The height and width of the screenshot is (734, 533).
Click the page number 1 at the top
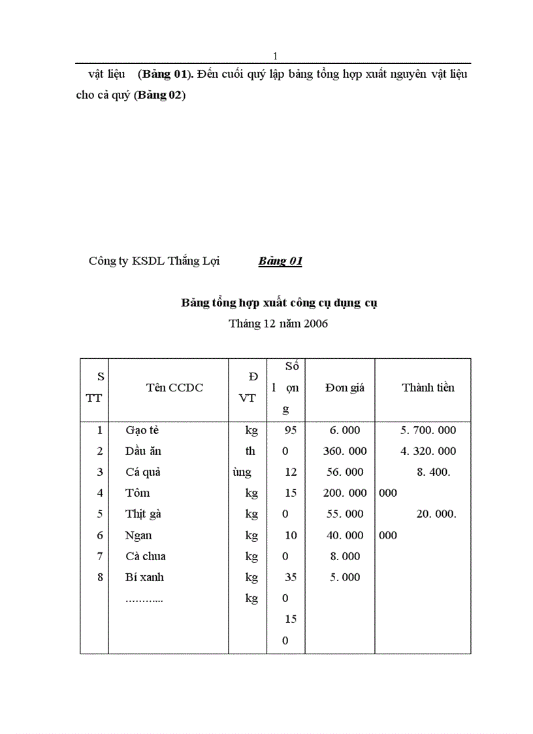tap(275, 56)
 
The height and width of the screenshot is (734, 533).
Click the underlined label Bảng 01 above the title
tap(280, 261)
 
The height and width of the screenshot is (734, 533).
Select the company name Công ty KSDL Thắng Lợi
tap(154, 261)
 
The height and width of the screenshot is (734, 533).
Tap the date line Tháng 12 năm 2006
tap(278, 324)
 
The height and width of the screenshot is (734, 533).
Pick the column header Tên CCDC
tap(174, 388)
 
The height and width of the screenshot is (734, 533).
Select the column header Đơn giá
tap(345, 388)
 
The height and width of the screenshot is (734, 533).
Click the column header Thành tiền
tap(428, 388)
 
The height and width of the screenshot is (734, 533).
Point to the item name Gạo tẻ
tap(142, 431)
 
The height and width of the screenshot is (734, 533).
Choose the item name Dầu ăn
tap(143, 452)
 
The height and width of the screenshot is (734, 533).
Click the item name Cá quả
tap(142, 473)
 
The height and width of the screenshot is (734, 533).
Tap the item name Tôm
tap(137, 493)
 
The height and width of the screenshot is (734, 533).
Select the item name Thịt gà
tap(143, 514)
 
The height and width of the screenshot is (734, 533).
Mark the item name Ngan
tap(138, 536)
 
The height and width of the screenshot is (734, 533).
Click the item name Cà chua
tap(145, 557)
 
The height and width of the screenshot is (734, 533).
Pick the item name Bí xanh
tap(144, 578)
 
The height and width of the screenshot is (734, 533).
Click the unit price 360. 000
tap(345, 452)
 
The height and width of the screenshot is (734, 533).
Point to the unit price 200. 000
tap(345, 493)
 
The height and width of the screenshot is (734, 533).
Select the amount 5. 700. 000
tap(428, 431)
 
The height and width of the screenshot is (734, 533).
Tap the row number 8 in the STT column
tap(100, 578)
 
